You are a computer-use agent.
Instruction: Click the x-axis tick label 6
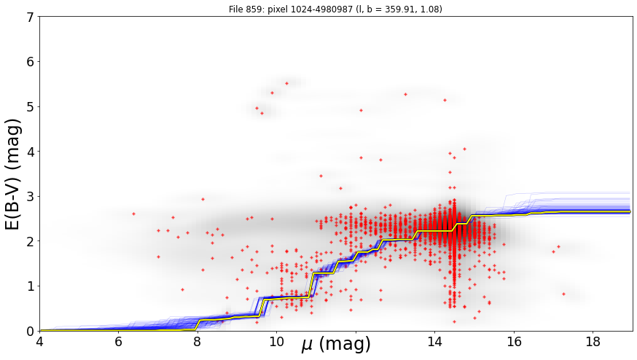pyautogui.click(x=118, y=342)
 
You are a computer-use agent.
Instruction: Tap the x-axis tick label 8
pyautogui.click(x=198, y=342)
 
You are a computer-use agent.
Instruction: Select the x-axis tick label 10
pyautogui.click(x=276, y=342)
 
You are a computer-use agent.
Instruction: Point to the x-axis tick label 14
pyautogui.click(x=434, y=342)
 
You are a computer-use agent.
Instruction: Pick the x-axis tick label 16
pyautogui.click(x=514, y=342)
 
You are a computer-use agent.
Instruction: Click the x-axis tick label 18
pyautogui.click(x=593, y=342)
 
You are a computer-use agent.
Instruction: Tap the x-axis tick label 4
pyautogui.click(x=39, y=342)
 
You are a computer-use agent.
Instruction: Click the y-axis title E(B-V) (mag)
pyautogui.click(x=12, y=174)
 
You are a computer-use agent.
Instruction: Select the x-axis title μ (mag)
pyautogui.click(x=336, y=344)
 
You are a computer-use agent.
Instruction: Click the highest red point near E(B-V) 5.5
pyautogui.click(x=287, y=83)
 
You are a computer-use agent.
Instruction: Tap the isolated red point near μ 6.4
pyautogui.click(x=133, y=214)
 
